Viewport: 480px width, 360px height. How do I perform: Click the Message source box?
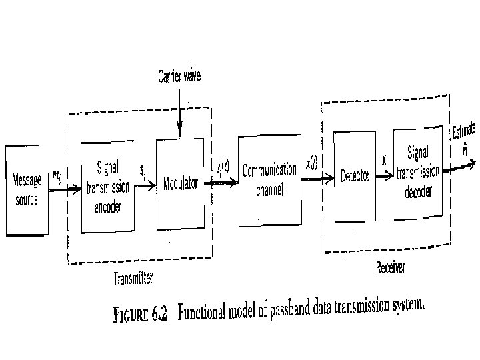pos(27,190)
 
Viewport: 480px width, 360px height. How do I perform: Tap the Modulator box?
pos(180,183)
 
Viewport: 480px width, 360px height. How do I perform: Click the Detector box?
pos(355,176)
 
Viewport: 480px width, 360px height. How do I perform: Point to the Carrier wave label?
pos(179,77)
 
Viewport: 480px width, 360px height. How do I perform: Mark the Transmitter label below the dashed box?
pos(133,279)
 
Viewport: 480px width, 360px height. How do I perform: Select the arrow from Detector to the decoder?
pos(383,177)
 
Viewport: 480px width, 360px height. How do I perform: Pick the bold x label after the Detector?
pos(384,161)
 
